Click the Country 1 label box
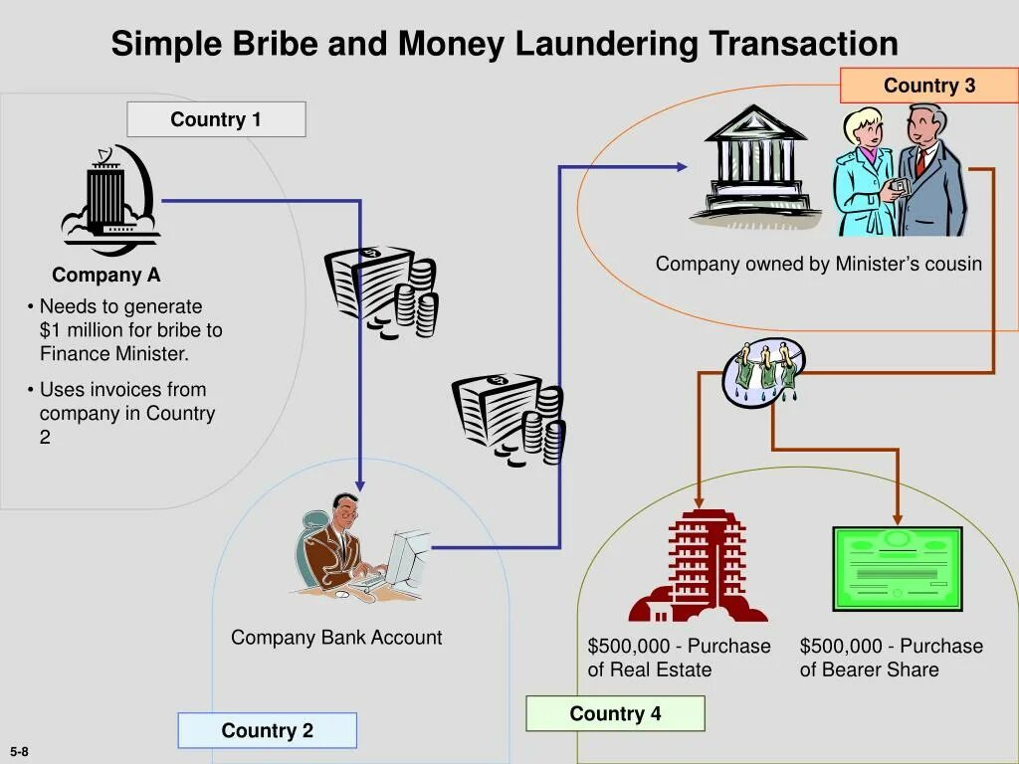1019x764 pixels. point(216,120)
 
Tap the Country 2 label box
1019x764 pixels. point(267,730)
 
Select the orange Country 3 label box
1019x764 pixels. point(929,86)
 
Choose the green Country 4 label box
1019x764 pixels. point(615,713)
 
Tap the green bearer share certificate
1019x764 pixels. point(897,568)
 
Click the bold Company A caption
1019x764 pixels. point(106,276)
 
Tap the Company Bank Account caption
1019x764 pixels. point(336,638)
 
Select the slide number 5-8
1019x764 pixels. point(20,752)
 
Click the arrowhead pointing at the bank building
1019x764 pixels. point(682,167)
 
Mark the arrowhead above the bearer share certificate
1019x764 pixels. point(898,518)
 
